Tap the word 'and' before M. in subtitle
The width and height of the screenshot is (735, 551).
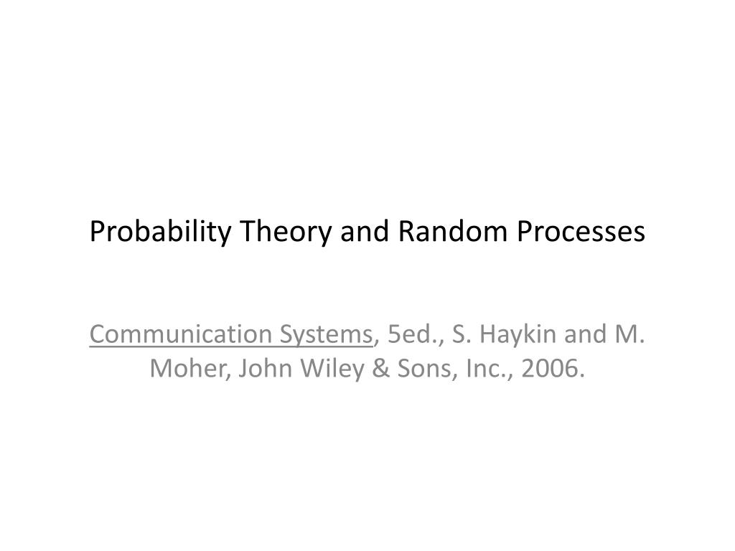581,334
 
